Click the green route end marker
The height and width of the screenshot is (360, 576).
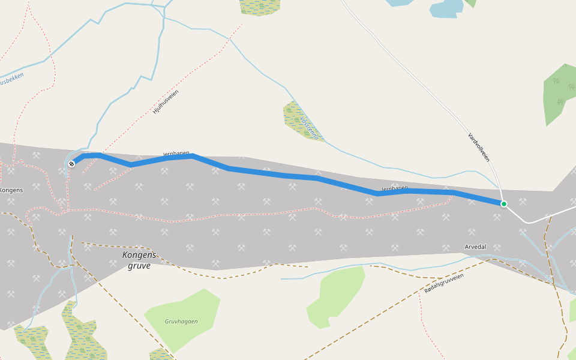pyautogui.click(x=504, y=204)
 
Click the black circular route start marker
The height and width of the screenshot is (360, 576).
pyautogui.click(x=71, y=163)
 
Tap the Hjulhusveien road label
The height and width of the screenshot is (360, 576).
pyautogui.click(x=166, y=101)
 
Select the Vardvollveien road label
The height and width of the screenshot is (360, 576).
pyautogui.click(x=479, y=147)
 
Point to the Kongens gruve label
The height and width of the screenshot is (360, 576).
pyautogui.click(x=139, y=260)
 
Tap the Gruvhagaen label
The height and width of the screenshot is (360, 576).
pyautogui.click(x=181, y=322)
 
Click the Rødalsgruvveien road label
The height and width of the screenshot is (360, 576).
pyautogui.click(x=444, y=283)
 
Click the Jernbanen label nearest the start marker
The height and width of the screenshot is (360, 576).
pyautogui.click(x=176, y=154)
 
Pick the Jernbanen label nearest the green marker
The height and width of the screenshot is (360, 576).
pyautogui.click(x=394, y=188)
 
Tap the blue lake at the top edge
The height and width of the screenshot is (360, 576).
pyautogui.click(x=446, y=8)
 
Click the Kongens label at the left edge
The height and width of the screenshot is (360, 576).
pyautogui.click(x=11, y=190)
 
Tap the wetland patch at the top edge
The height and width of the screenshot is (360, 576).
pyautogui.click(x=259, y=6)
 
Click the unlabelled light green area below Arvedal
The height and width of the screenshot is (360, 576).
pyautogui.click(x=336, y=294)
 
